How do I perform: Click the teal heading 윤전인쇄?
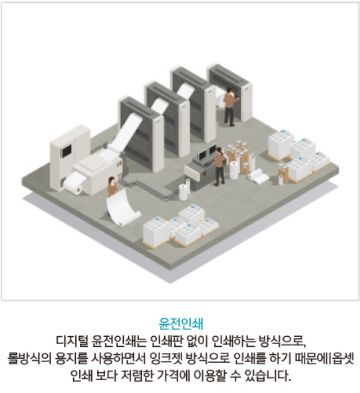pyautogui.click(x=180, y=325)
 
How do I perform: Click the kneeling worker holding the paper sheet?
pyautogui.click(x=112, y=189)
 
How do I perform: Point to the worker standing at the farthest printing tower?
pyautogui.click(x=229, y=106)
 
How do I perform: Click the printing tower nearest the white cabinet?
pyautogui.click(x=141, y=135)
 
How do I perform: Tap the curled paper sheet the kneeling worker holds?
pyautogui.click(x=127, y=208)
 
